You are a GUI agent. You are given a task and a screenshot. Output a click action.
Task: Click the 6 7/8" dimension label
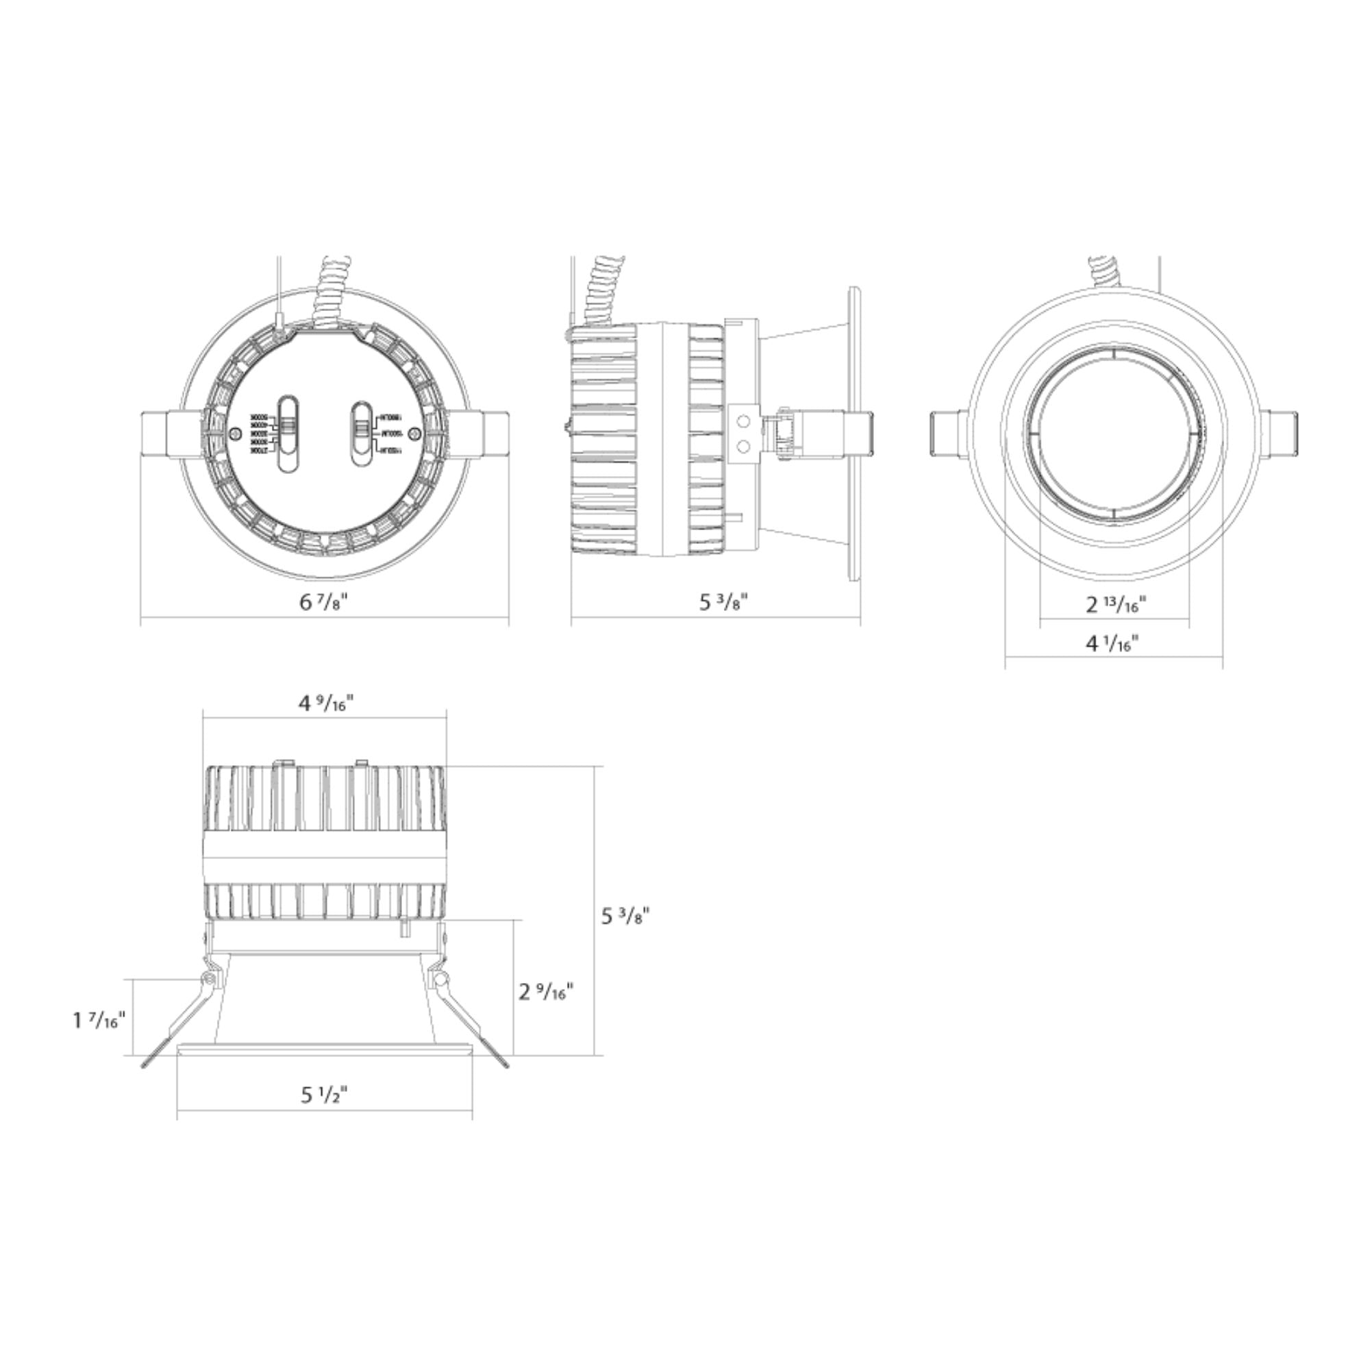click(x=324, y=603)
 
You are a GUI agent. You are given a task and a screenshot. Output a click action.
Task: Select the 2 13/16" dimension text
click(x=1116, y=605)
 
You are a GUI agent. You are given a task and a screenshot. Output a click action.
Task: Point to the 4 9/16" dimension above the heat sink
click(x=325, y=703)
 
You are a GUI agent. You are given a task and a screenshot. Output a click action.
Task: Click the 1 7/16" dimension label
click(x=99, y=1021)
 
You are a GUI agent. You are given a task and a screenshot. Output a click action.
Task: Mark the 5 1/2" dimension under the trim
click(x=324, y=1095)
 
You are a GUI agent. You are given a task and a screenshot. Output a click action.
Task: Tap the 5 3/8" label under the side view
click(x=724, y=603)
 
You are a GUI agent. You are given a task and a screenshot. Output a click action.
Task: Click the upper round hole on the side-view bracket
click(x=743, y=422)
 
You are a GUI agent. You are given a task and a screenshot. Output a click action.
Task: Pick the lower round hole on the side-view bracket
click(x=743, y=447)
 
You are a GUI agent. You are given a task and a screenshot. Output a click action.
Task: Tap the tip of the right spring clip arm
click(x=505, y=1085)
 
